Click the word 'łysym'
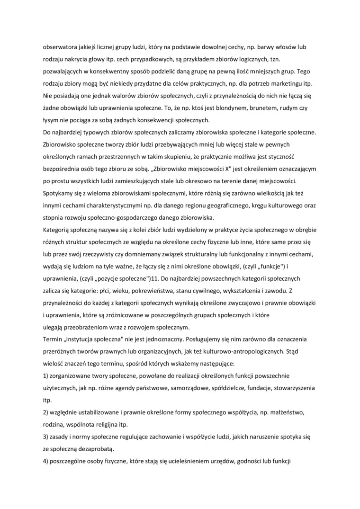point(51,120)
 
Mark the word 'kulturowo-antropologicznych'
point(260,353)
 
